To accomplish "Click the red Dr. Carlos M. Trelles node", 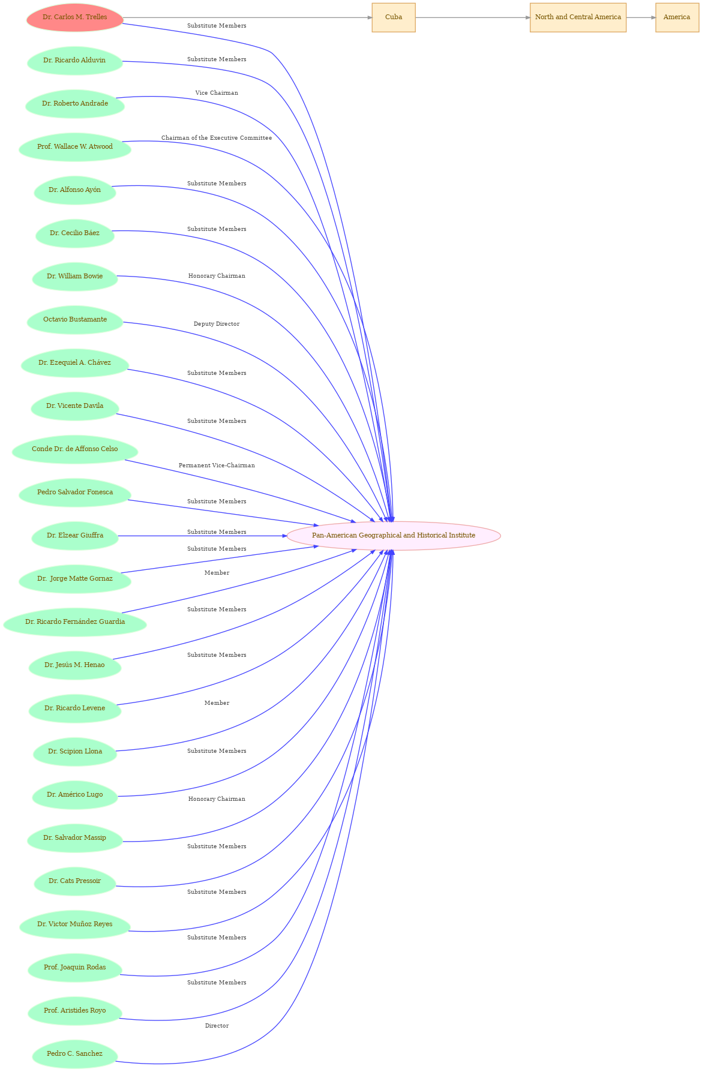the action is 75,17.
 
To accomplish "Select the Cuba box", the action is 394,17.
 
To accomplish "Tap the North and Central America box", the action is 578,17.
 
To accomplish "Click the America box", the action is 677,17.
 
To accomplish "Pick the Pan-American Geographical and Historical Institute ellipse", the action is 394,536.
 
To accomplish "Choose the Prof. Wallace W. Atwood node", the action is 75,147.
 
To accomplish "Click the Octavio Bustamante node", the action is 75,320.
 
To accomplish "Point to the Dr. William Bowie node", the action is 75,277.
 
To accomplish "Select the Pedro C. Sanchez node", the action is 75,1054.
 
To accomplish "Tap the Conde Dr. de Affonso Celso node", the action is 75,449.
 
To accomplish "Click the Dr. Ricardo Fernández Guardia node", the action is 75,622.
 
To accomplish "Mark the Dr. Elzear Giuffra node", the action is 75,536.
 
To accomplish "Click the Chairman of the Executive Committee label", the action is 217,138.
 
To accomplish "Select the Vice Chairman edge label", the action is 217,93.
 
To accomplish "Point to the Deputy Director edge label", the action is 217,324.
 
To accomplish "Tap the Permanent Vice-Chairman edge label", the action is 217,466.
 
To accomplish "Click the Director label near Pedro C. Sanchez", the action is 217,1026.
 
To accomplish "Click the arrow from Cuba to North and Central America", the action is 473,17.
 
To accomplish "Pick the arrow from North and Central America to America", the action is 641,17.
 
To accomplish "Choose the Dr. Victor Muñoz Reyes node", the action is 75,924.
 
